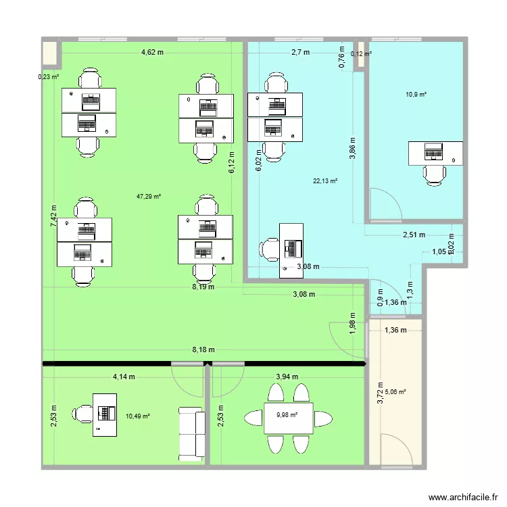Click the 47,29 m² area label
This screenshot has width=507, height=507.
pyautogui.click(x=148, y=197)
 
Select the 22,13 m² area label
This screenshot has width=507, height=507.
pyautogui.click(x=324, y=180)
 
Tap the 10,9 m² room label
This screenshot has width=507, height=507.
pyautogui.click(x=416, y=95)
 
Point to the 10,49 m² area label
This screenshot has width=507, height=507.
pyautogui.click(x=137, y=416)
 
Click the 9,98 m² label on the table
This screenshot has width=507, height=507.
pyautogui.click(x=287, y=414)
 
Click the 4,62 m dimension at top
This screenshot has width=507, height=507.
pyautogui.click(x=153, y=52)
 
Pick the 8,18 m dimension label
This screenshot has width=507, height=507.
pyautogui.click(x=203, y=349)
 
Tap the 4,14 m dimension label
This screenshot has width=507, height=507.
pyautogui.click(x=123, y=377)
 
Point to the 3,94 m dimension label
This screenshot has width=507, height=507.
pyautogui.click(x=287, y=377)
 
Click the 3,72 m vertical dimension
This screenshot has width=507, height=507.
pyautogui.click(x=381, y=392)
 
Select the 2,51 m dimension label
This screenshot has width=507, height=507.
pyautogui.click(x=413, y=235)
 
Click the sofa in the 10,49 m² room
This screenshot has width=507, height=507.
pyautogui.click(x=191, y=434)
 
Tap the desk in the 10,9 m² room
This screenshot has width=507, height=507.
pyautogui.click(x=435, y=153)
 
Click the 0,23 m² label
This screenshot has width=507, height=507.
pyautogui.click(x=48, y=76)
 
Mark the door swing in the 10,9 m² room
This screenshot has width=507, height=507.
pyautogui.click(x=381, y=203)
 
